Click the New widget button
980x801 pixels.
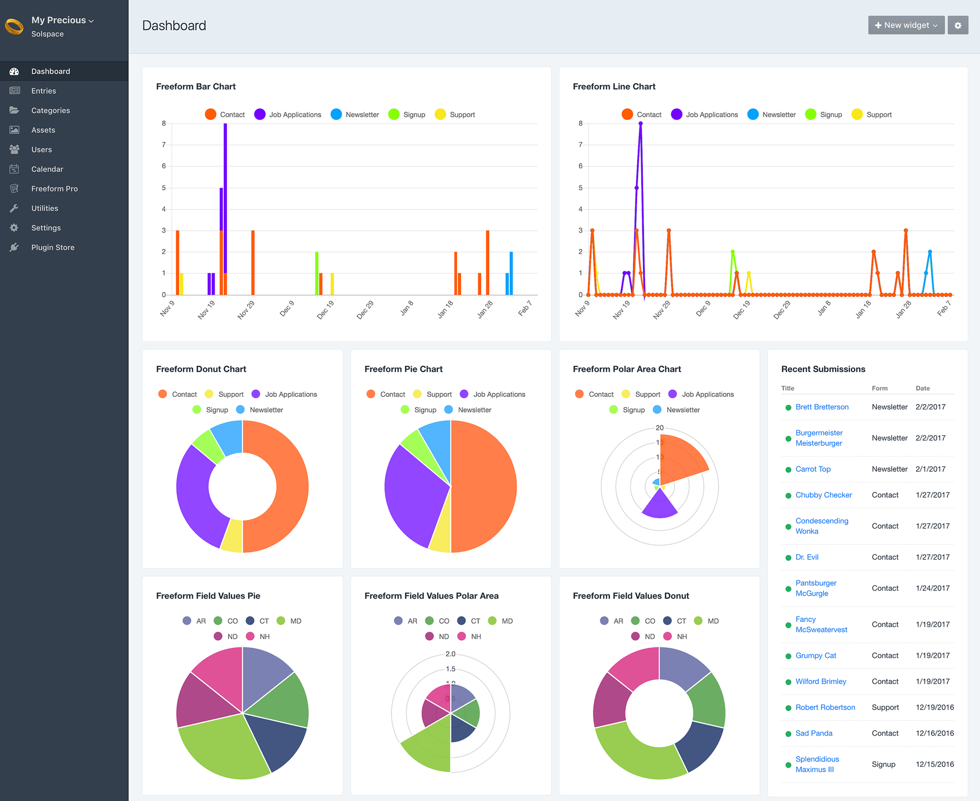[906, 25]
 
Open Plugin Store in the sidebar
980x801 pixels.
[52, 247]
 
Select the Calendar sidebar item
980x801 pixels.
[47, 169]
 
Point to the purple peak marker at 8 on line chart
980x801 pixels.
[640, 123]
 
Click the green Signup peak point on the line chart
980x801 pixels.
[733, 252]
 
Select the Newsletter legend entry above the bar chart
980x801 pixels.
[355, 114]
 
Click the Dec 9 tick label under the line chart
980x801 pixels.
[703, 308]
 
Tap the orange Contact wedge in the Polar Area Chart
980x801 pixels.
[682, 461]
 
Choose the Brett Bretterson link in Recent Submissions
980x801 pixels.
[821, 407]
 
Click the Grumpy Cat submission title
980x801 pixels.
[815, 655]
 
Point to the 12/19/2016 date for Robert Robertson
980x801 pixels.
[934, 707]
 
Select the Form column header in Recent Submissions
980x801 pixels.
[879, 388]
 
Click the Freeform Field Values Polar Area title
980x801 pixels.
[431, 596]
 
